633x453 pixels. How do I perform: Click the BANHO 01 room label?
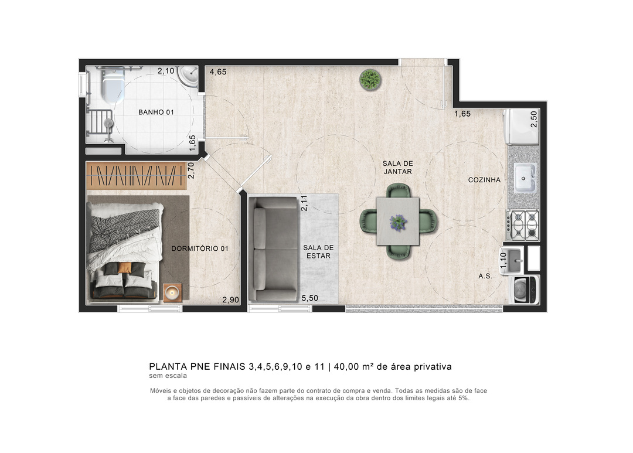tap(156, 113)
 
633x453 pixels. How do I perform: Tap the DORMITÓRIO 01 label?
tap(200, 248)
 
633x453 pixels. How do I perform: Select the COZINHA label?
tap(484, 180)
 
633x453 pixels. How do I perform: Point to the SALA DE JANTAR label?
tap(397, 168)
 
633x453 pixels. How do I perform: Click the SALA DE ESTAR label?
tap(318, 251)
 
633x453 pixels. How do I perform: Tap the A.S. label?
tap(485, 276)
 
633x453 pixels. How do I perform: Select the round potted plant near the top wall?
tap(370, 80)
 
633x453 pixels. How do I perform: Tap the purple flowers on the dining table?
tap(398, 222)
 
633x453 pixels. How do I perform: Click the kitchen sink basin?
tap(525, 178)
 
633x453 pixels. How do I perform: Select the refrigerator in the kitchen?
tap(521, 127)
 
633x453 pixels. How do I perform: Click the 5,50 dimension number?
tap(310, 298)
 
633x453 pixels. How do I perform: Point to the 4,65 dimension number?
tap(218, 72)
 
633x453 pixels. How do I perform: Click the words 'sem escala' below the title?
tap(168, 376)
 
